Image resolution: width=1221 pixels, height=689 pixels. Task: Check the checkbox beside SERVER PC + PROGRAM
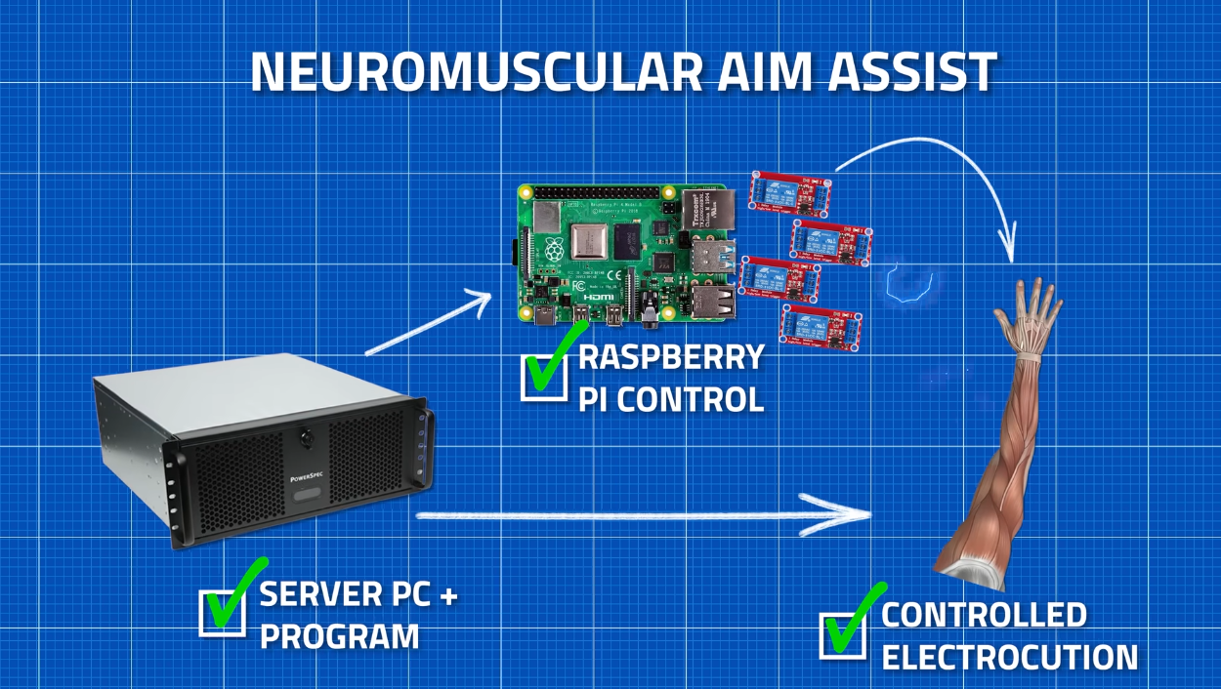coord(222,613)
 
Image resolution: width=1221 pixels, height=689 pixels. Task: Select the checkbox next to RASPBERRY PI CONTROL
coord(544,376)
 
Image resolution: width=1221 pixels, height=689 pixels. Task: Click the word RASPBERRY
coord(671,357)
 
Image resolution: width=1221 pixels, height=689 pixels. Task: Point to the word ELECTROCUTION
coord(1010,657)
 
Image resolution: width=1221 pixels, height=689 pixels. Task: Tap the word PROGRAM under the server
coord(339,637)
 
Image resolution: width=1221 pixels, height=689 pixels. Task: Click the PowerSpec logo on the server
coord(306,479)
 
